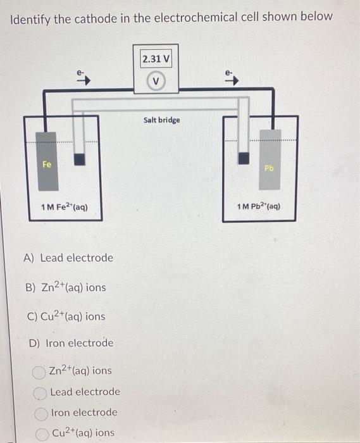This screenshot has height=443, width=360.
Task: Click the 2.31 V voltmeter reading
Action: coord(156,59)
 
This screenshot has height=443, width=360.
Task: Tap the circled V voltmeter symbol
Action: coord(156,82)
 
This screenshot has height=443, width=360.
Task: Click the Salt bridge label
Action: coord(161,120)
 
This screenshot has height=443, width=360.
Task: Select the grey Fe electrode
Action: coord(47,161)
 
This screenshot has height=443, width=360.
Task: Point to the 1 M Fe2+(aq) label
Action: coord(64,208)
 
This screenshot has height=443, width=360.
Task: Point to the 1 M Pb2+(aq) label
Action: coord(258,206)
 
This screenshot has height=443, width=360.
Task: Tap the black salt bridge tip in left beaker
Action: coord(80,159)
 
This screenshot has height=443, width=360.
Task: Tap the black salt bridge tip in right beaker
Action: coord(243,158)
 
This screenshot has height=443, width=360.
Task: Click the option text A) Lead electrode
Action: coord(68,258)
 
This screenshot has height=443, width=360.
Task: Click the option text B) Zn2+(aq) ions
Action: coord(65,287)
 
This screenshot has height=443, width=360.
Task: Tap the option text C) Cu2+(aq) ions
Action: coord(65,316)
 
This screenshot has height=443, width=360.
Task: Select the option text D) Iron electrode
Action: coord(71,343)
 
